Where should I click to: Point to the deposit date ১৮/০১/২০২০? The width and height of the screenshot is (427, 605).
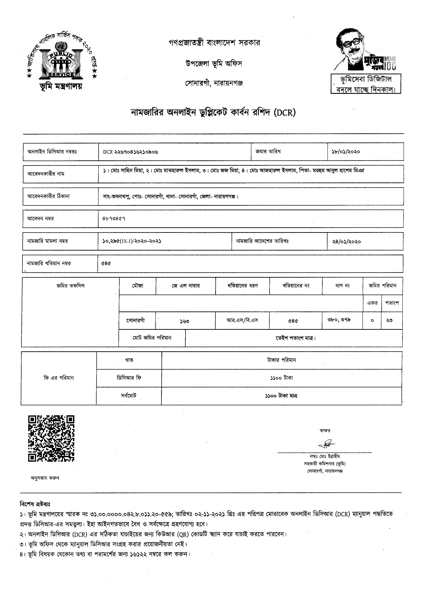(x=346, y=152)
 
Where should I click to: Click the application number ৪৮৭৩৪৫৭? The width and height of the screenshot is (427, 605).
(x=114, y=219)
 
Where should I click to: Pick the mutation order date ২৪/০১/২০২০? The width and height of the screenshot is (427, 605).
(x=346, y=241)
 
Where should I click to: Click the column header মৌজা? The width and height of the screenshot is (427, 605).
(x=138, y=286)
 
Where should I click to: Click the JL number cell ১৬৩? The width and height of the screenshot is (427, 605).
(x=185, y=321)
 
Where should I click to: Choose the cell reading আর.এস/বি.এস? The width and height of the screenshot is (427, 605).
(x=242, y=320)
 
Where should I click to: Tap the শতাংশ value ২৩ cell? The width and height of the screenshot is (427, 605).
(x=389, y=321)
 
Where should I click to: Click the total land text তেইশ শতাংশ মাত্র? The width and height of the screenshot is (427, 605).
(x=295, y=338)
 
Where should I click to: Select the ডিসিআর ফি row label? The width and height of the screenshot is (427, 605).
(x=129, y=378)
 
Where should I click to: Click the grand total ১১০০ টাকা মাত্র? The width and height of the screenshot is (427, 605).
(x=281, y=396)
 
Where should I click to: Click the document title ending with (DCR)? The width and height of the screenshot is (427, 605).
(x=213, y=113)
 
